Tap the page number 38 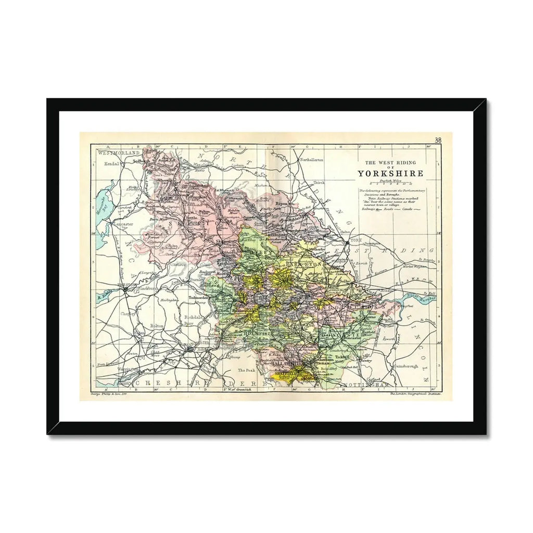438,139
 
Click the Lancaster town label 125,224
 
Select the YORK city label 356,240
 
